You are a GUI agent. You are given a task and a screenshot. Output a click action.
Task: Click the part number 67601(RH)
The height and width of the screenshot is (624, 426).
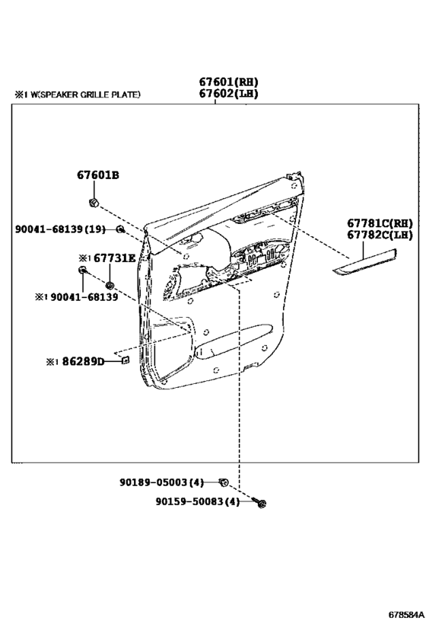[228, 82]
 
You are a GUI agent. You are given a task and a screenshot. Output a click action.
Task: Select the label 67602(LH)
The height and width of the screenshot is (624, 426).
[228, 94]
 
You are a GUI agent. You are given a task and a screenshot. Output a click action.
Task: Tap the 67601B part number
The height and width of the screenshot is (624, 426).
[98, 174]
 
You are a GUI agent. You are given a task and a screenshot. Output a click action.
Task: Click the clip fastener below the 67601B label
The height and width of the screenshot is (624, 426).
[94, 203]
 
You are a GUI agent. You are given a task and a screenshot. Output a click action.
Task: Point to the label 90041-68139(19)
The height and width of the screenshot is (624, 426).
[60, 229]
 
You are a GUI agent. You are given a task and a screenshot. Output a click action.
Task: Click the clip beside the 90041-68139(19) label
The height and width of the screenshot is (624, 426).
[119, 229]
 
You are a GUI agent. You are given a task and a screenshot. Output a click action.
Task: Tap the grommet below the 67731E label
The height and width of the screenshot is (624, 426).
[110, 285]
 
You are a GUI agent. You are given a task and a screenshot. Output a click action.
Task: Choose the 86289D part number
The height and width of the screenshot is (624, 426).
[83, 361]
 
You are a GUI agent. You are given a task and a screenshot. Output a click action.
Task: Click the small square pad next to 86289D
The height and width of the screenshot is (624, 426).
[125, 360]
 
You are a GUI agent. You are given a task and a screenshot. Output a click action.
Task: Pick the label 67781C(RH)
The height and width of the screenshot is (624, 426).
[380, 223]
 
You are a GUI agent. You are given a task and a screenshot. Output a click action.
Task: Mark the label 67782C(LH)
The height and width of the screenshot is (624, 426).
[380, 235]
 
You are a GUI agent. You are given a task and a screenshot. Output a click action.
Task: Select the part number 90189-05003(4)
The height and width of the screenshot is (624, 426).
[161, 482]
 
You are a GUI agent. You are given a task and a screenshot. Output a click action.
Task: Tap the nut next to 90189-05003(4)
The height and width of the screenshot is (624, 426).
[224, 483]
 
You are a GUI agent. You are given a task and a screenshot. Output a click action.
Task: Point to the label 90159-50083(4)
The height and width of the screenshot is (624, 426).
[198, 502]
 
